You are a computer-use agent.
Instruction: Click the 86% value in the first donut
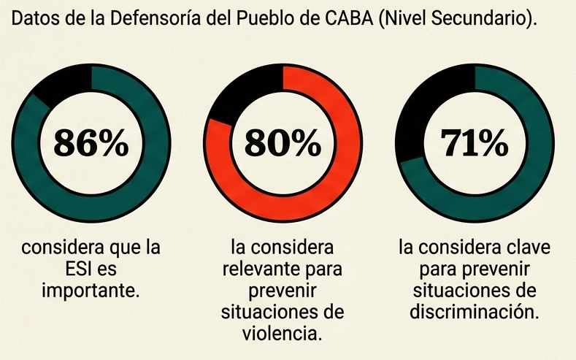pos(91,143)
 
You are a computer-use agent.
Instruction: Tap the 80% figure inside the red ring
pos(283,143)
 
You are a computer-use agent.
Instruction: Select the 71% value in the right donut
pos(475,143)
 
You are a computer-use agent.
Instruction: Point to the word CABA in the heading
pos(345,20)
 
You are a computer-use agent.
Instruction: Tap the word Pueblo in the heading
pos(268,20)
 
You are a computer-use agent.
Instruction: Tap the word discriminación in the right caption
pos(474,313)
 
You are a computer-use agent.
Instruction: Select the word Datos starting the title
pos(34,20)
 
